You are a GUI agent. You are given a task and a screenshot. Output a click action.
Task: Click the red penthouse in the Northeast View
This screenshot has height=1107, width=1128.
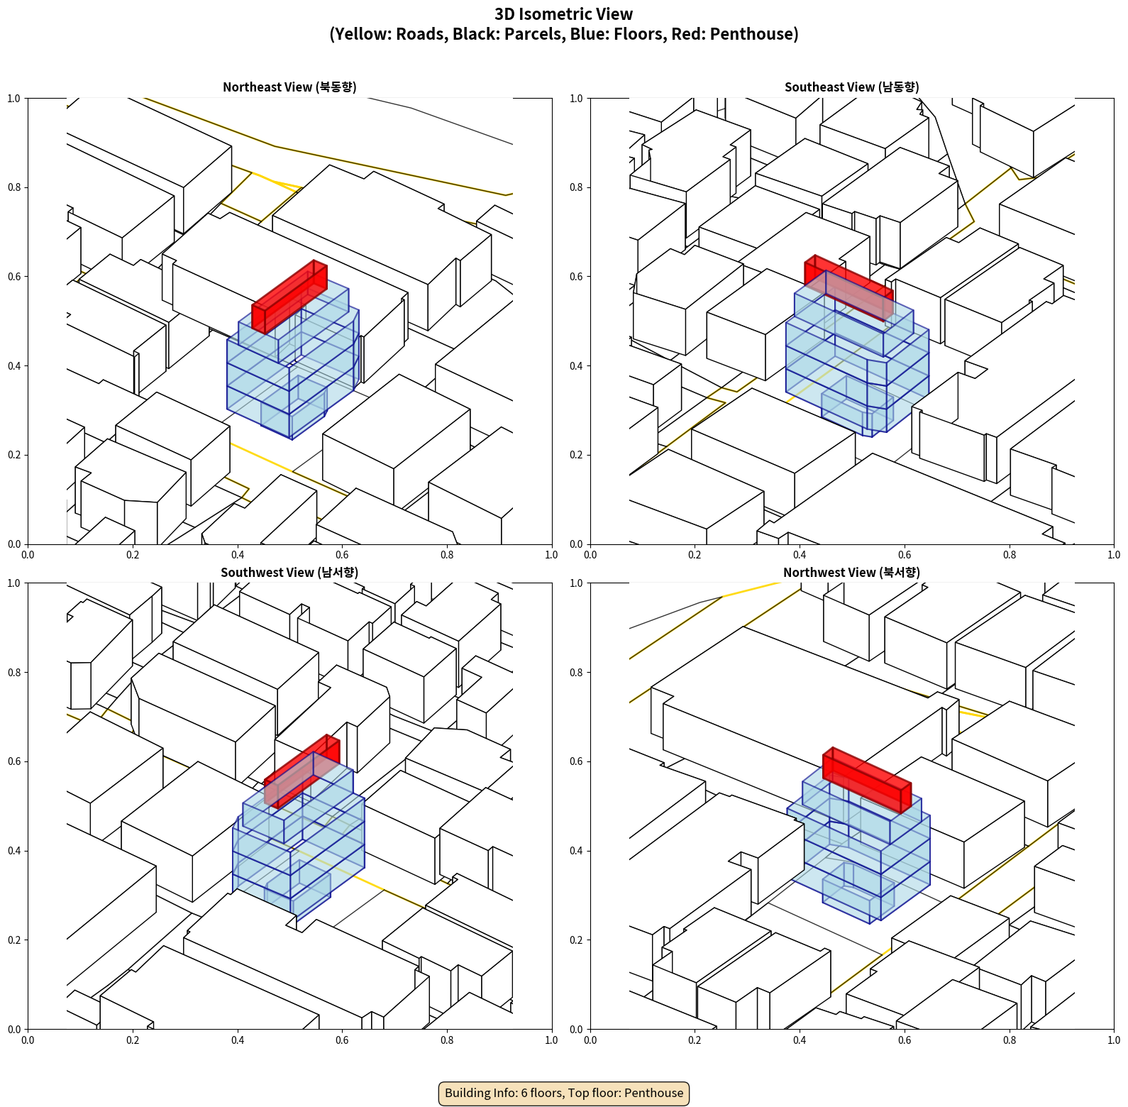coord(289,297)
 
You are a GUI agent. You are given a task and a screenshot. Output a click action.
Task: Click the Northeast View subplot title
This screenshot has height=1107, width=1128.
coord(289,87)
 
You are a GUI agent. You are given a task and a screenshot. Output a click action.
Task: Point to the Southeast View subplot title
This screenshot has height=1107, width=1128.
coord(851,87)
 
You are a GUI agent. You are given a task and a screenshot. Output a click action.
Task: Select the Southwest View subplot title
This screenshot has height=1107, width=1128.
coord(289,573)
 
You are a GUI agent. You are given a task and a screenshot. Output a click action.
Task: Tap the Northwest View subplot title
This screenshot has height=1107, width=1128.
coord(851,573)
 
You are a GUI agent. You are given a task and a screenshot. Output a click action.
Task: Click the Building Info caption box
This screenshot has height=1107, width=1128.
coord(564,1093)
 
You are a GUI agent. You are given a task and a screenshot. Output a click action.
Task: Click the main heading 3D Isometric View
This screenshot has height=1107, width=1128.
coord(564,14)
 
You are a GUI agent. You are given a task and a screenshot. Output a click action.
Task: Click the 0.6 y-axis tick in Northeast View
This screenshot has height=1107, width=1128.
coord(14,277)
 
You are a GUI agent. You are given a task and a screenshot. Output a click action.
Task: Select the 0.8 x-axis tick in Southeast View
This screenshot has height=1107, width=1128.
coord(1010,555)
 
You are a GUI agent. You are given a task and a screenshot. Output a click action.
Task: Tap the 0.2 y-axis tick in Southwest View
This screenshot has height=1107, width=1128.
coord(14,940)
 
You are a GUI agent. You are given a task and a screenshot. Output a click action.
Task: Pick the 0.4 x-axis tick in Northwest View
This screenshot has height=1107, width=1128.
coord(800,1040)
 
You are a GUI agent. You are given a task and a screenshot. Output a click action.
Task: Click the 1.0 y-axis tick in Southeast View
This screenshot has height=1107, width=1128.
coord(576,99)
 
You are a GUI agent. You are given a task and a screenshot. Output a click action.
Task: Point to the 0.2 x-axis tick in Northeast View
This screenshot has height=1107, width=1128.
coord(133,555)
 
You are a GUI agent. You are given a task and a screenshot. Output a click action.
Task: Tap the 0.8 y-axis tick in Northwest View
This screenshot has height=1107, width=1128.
coord(576,673)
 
